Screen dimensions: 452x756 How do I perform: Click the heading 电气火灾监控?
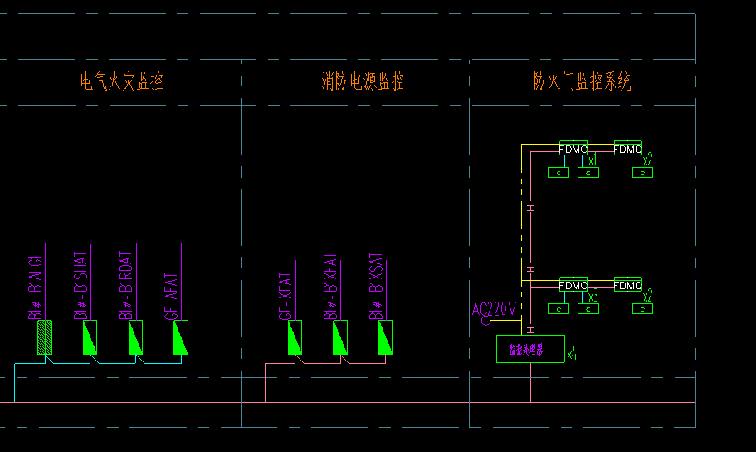click(121, 81)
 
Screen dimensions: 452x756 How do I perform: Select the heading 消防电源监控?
click(363, 81)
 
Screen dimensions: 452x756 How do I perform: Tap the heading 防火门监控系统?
click(582, 81)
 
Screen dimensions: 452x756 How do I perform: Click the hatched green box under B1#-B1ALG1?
click(46, 337)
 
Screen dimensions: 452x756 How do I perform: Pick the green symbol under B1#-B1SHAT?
click(90, 337)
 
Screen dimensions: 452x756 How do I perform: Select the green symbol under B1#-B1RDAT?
click(135, 337)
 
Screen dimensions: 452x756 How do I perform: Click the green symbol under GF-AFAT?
click(180, 337)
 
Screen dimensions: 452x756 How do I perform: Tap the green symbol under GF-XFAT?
click(295, 337)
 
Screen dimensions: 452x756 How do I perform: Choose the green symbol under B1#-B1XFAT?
click(339, 337)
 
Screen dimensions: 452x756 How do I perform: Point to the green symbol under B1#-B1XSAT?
click(385, 337)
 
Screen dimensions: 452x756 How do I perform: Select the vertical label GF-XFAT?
click(284, 295)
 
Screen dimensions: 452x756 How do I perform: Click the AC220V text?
click(495, 309)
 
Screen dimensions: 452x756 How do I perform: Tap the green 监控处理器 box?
click(529, 349)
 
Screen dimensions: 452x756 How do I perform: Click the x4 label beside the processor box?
click(571, 355)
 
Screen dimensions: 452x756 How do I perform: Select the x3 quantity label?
click(593, 296)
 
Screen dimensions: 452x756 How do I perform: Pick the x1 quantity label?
click(592, 160)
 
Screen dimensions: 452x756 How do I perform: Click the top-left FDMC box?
click(573, 149)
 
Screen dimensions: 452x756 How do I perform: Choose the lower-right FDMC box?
click(627, 285)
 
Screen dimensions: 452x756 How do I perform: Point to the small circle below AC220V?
click(486, 321)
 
